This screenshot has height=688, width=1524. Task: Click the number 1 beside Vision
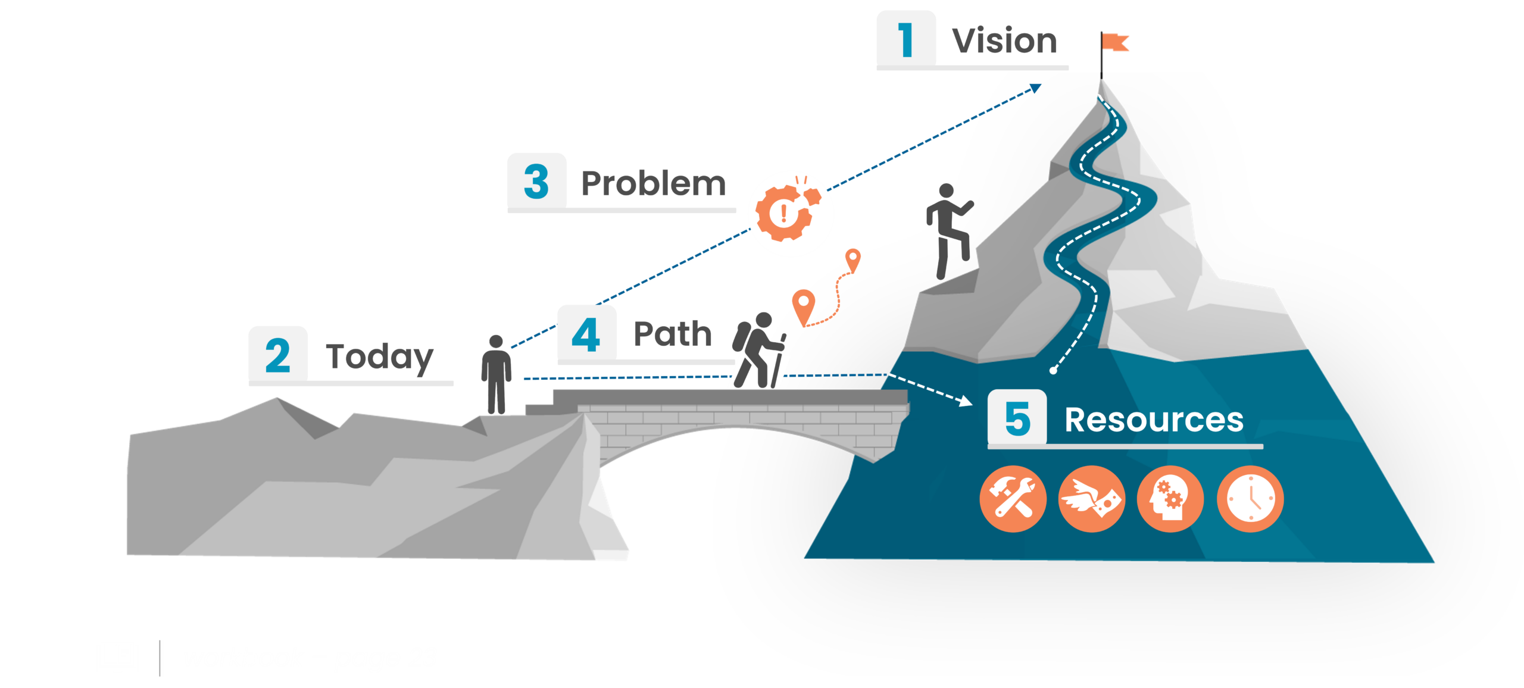click(x=906, y=40)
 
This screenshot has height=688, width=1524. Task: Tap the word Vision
click(x=1004, y=41)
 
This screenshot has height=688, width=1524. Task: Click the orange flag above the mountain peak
click(x=1116, y=42)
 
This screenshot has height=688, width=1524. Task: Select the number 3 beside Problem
click(x=536, y=182)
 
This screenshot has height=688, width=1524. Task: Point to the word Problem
click(x=653, y=183)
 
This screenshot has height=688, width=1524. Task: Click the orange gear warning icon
click(x=791, y=214)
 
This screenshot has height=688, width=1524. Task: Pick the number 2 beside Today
click(x=278, y=356)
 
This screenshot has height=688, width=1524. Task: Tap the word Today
click(x=380, y=357)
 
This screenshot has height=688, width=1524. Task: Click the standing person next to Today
click(x=496, y=374)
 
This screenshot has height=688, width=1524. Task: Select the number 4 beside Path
click(x=586, y=334)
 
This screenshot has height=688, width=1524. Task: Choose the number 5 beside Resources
click(x=1017, y=418)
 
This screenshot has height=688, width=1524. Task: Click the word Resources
click(x=1154, y=420)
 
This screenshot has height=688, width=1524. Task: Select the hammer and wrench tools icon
click(x=1013, y=499)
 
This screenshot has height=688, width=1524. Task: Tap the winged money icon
click(x=1092, y=499)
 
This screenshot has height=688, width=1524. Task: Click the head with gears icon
click(x=1170, y=499)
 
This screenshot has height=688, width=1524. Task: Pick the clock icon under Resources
click(x=1250, y=499)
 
